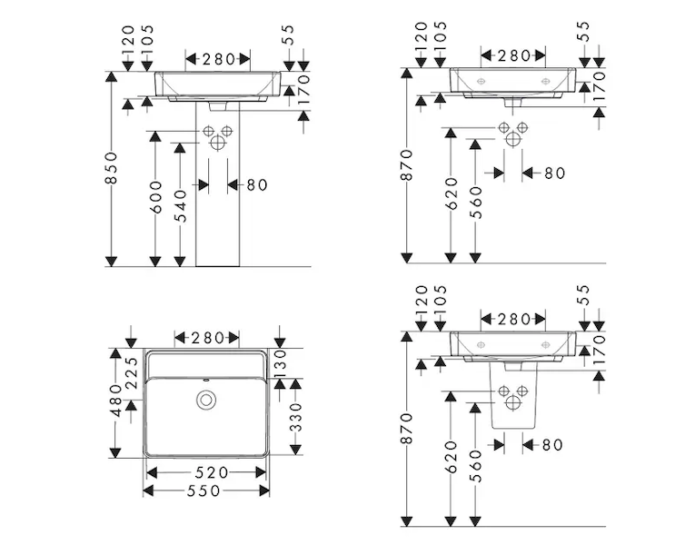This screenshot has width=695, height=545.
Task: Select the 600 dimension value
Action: pyautogui.click(x=155, y=197)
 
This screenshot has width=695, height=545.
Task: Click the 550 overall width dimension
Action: pyautogui.click(x=208, y=490)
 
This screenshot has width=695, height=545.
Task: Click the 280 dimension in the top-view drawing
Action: pyautogui.click(x=208, y=338)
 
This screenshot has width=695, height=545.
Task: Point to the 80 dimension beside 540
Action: pyautogui.click(x=257, y=184)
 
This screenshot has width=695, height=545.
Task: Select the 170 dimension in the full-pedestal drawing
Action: pyautogui.click(x=304, y=91)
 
